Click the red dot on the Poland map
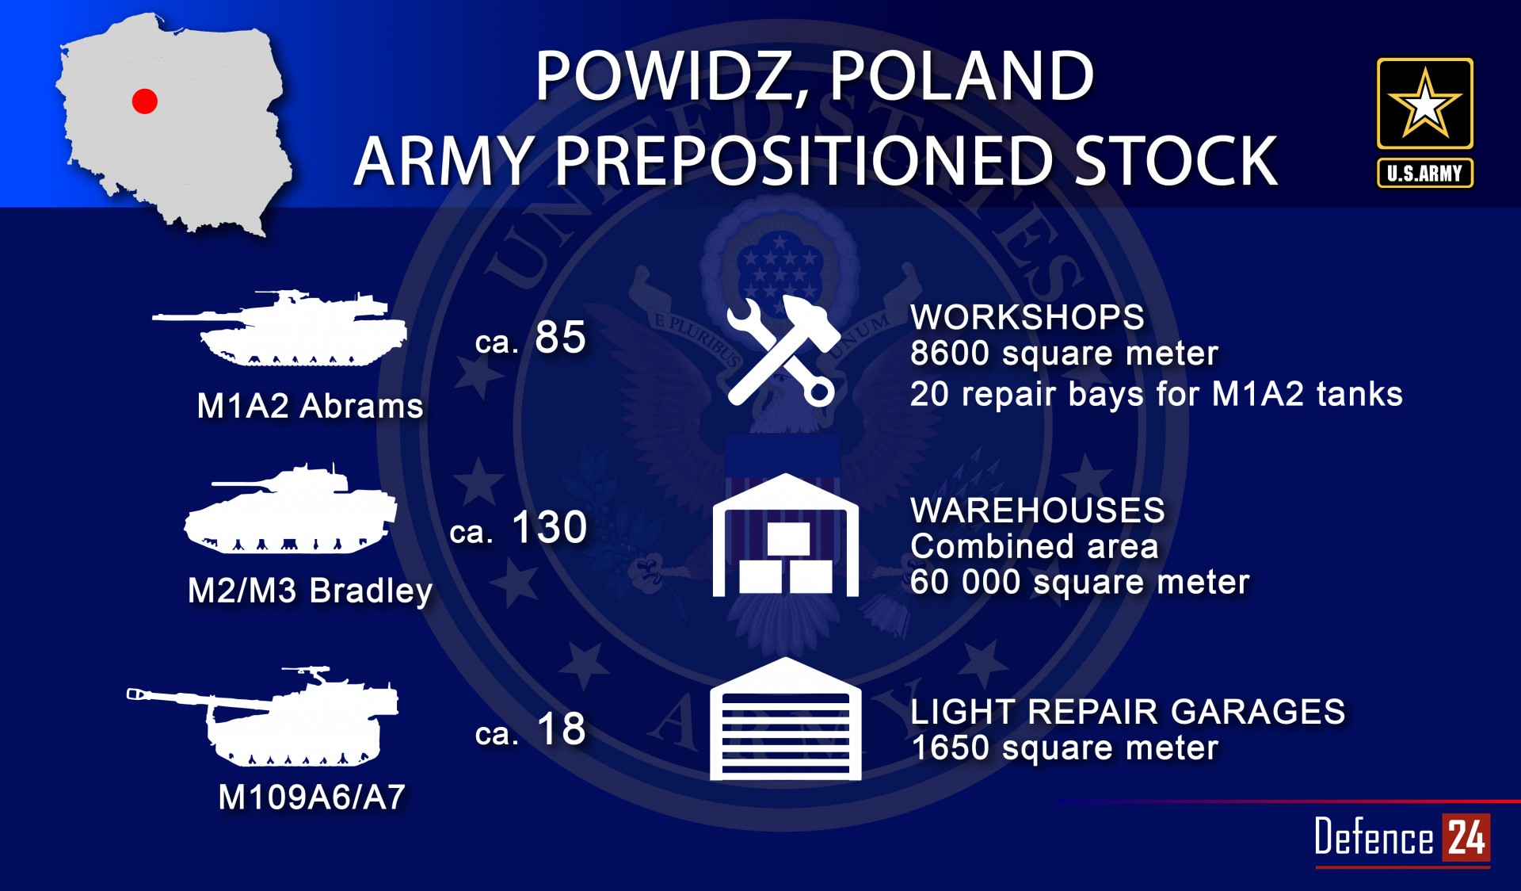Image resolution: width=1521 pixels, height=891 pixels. point(144,101)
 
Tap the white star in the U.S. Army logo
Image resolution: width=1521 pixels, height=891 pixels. point(1424,104)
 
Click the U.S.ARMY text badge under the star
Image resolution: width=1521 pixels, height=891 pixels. point(1424,173)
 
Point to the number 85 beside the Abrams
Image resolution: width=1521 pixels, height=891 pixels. point(560,337)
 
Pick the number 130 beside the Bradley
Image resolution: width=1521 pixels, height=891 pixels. point(550,527)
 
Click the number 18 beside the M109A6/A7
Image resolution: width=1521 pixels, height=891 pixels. point(562,728)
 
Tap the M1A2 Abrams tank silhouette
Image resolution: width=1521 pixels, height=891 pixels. point(280,328)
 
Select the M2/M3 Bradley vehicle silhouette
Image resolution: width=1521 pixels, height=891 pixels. point(290,509)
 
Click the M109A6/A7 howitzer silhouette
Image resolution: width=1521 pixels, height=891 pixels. point(263,717)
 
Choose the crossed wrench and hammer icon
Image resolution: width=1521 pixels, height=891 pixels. point(783,351)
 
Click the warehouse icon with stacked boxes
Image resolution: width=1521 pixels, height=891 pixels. point(785,535)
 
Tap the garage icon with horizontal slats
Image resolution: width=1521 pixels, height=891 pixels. point(785,719)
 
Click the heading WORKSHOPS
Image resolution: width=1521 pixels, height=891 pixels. point(1027,318)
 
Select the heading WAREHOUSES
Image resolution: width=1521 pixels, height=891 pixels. point(1038,511)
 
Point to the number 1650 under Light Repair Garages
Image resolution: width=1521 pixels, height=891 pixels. point(950,748)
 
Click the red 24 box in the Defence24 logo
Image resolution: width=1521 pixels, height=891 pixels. point(1466,837)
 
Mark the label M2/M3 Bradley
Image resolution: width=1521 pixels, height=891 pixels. point(310,591)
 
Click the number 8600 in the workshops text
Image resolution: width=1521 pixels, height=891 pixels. point(950,354)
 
